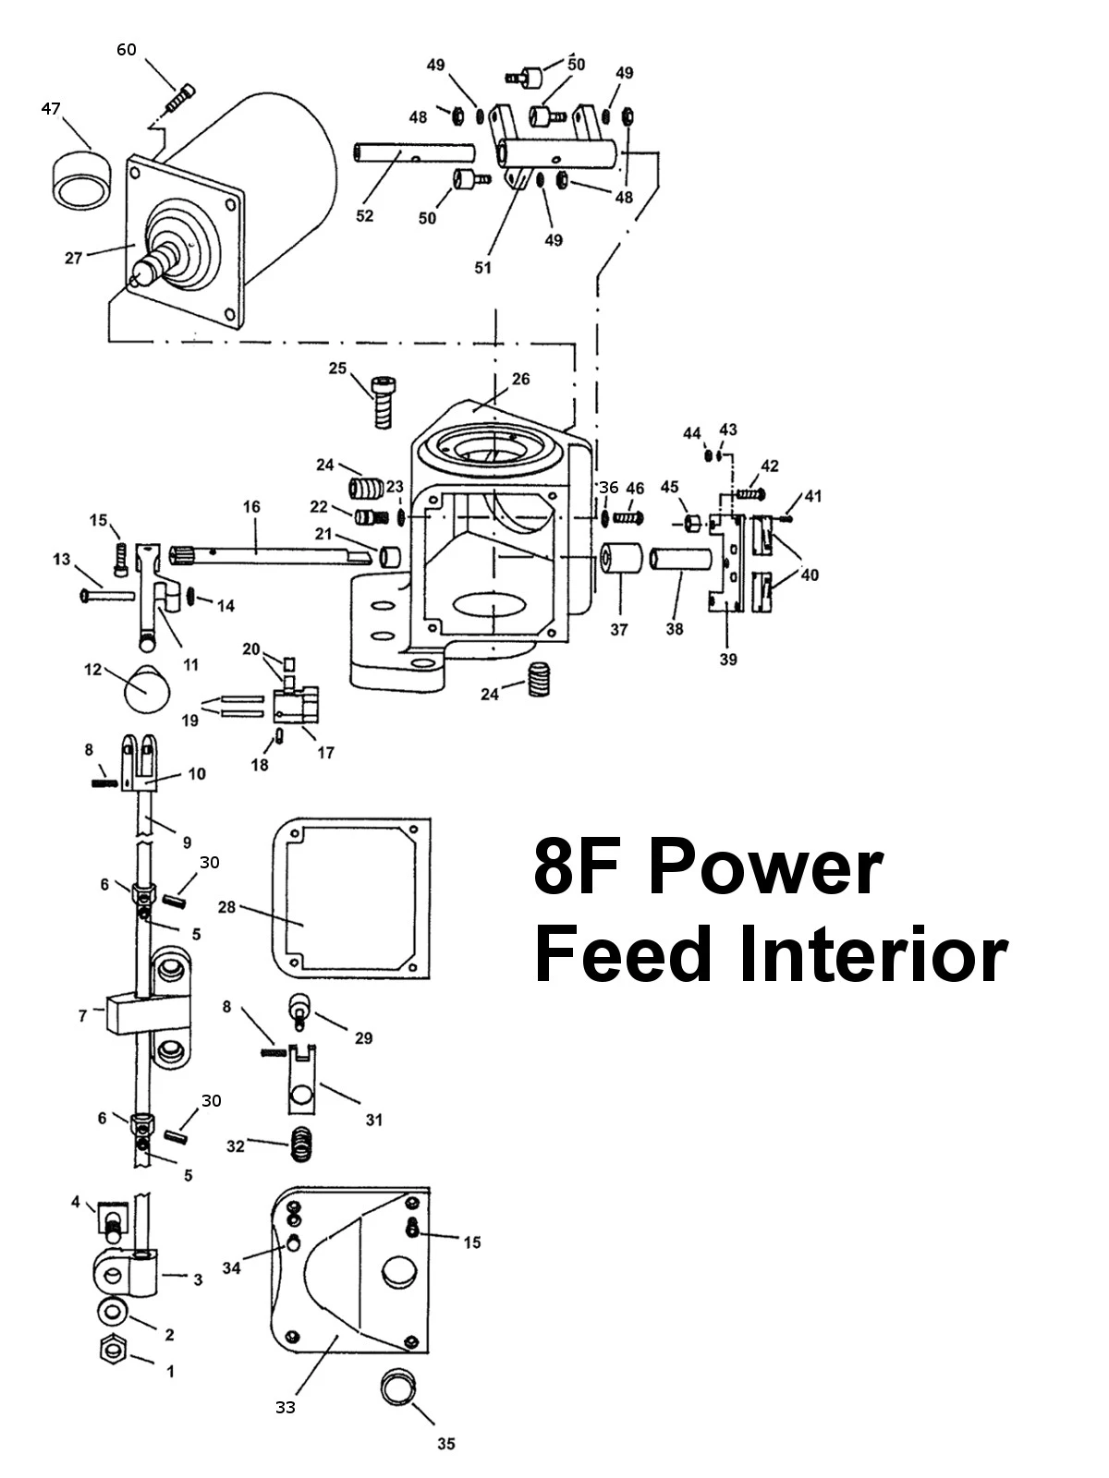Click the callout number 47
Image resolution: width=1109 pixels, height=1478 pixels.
pyautogui.click(x=51, y=109)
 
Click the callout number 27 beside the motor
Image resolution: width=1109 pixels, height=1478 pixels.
pyautogui.click(x=74, y=258)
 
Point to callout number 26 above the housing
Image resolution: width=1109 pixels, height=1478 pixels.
pyautogui.click(x=521, y=379)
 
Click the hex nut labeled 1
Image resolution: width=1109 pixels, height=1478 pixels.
pyautogui.click(x=112, y=1351)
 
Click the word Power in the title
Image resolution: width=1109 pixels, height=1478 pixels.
pyautogui.click(x=763, y=868)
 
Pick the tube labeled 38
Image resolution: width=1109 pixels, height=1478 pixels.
pyautogui.click(x=682, y=561)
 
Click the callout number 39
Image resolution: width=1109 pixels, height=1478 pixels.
pyautogui.click(x=728, y=660)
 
